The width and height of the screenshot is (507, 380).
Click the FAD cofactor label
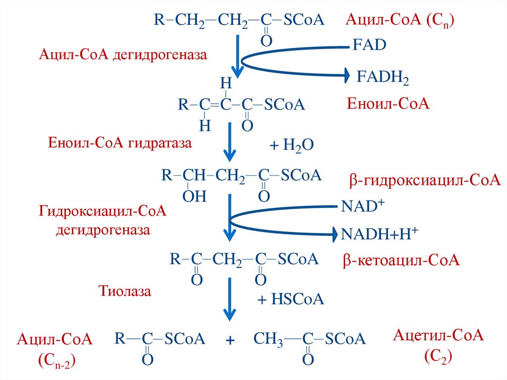(x=369, y=46)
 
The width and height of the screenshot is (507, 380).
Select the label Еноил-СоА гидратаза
(x=119, y=144)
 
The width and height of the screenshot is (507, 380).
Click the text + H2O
(x=291, y=145)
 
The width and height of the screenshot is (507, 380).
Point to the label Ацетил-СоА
(x=438, y=336)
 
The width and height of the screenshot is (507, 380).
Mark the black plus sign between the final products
(x=229, y=341)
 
